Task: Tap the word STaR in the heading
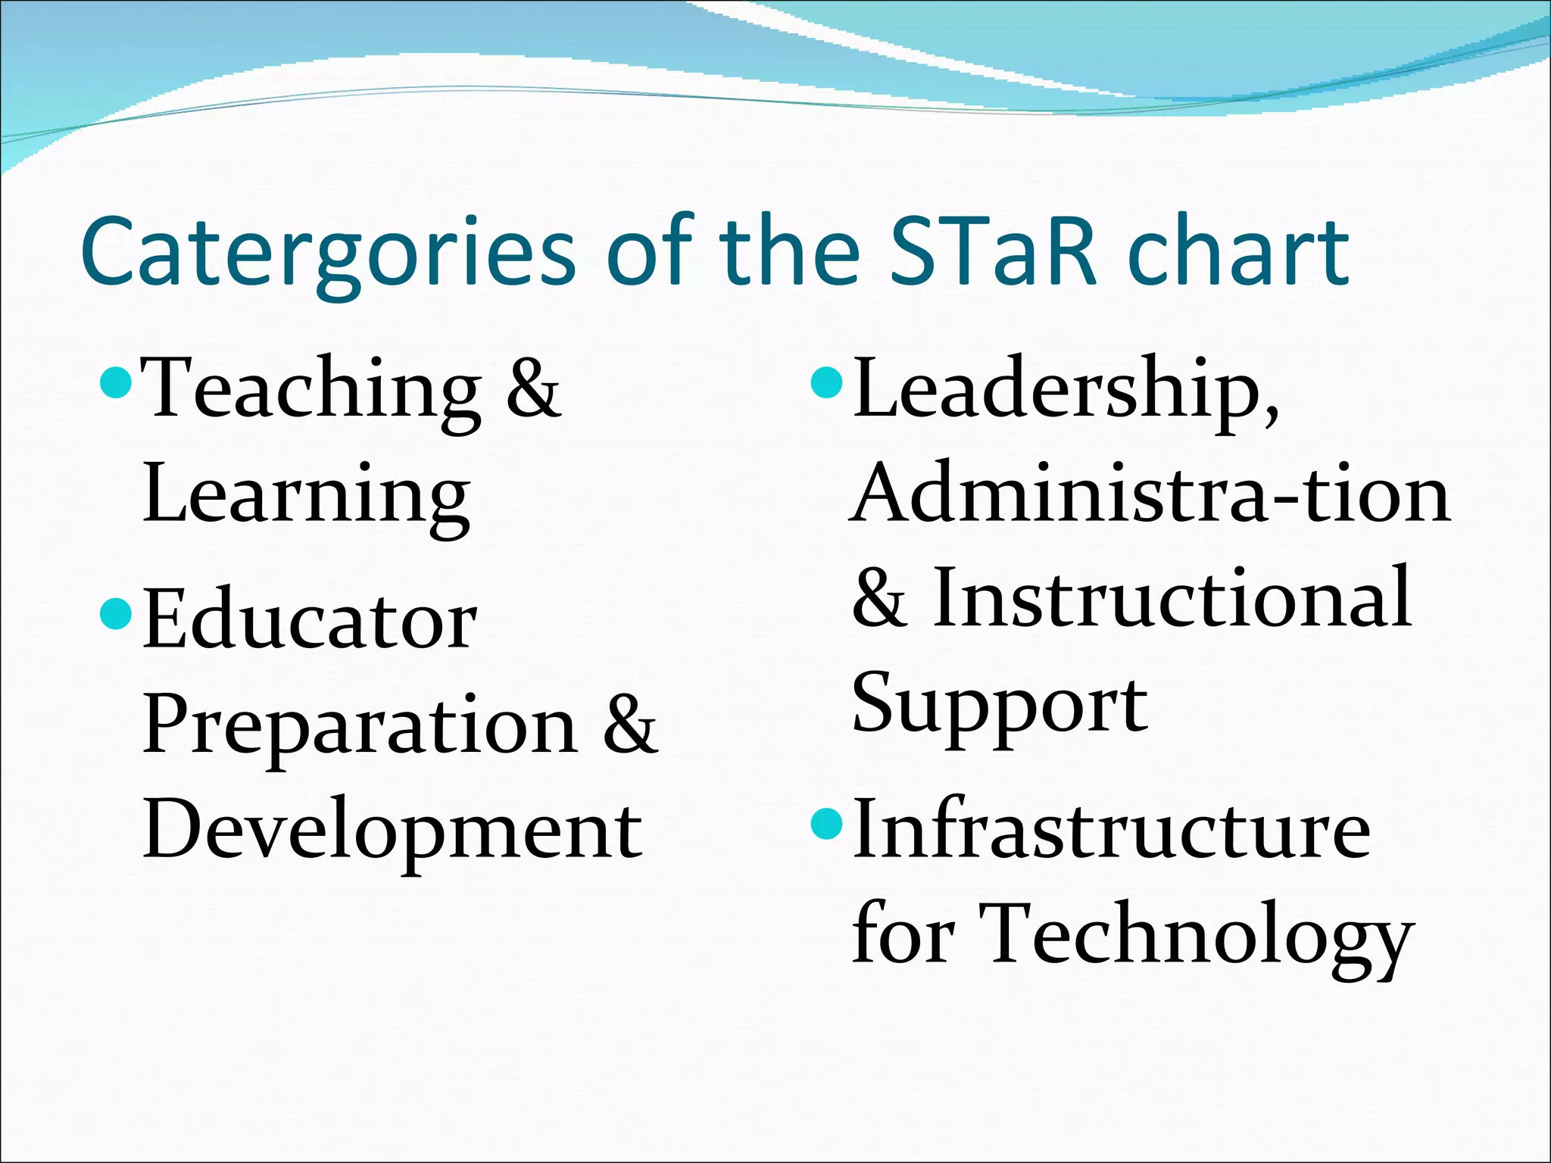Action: tap(993, 251)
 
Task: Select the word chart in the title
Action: tap(1239, 251)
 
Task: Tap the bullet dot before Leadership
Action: tap(825, 383)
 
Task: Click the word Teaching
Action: tap(311, 391)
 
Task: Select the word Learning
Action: tap(306, 497)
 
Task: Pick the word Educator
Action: tap(310, 621)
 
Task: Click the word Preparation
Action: tap(360, 727)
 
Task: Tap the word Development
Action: tap(392, 831)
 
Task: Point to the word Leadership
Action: tap(1066, 391)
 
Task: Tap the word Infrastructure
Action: tap(1111, 831)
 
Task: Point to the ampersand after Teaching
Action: tap(533, 391)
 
